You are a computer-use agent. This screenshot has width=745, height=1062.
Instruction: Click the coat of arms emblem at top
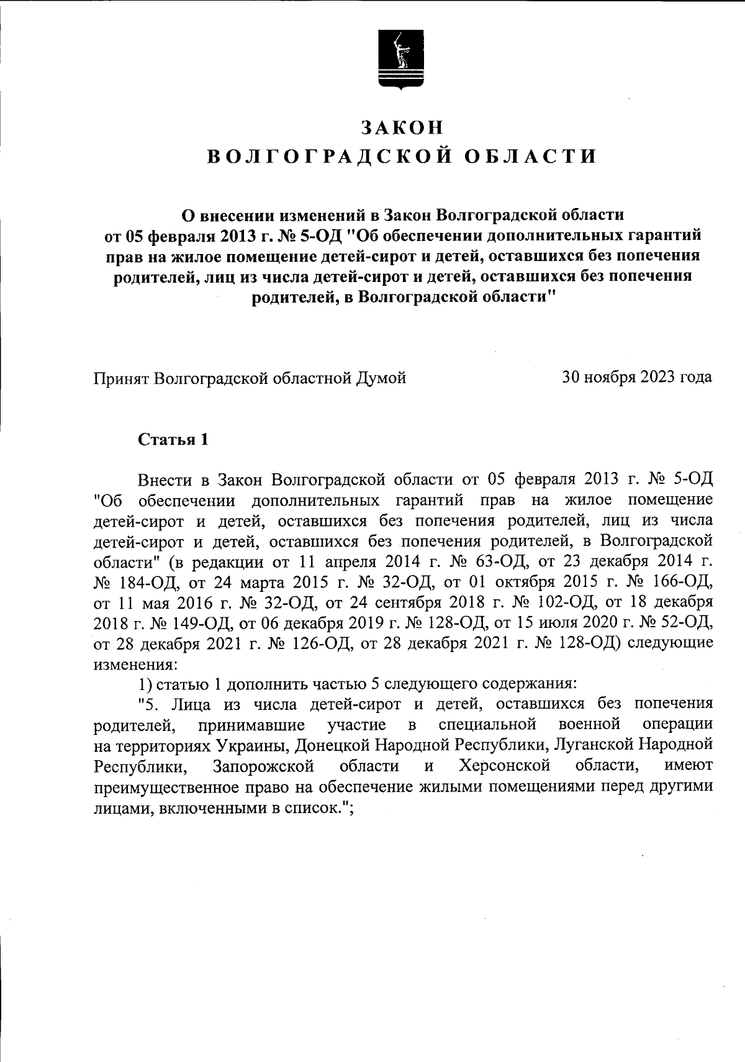point(401,63)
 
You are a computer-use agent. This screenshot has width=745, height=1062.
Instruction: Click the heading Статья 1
point(173,440)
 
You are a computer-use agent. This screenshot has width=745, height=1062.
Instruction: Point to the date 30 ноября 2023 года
point(637,377)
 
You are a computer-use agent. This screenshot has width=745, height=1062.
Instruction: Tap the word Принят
point(121,377)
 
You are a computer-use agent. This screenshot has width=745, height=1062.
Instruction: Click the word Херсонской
point(504,765)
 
